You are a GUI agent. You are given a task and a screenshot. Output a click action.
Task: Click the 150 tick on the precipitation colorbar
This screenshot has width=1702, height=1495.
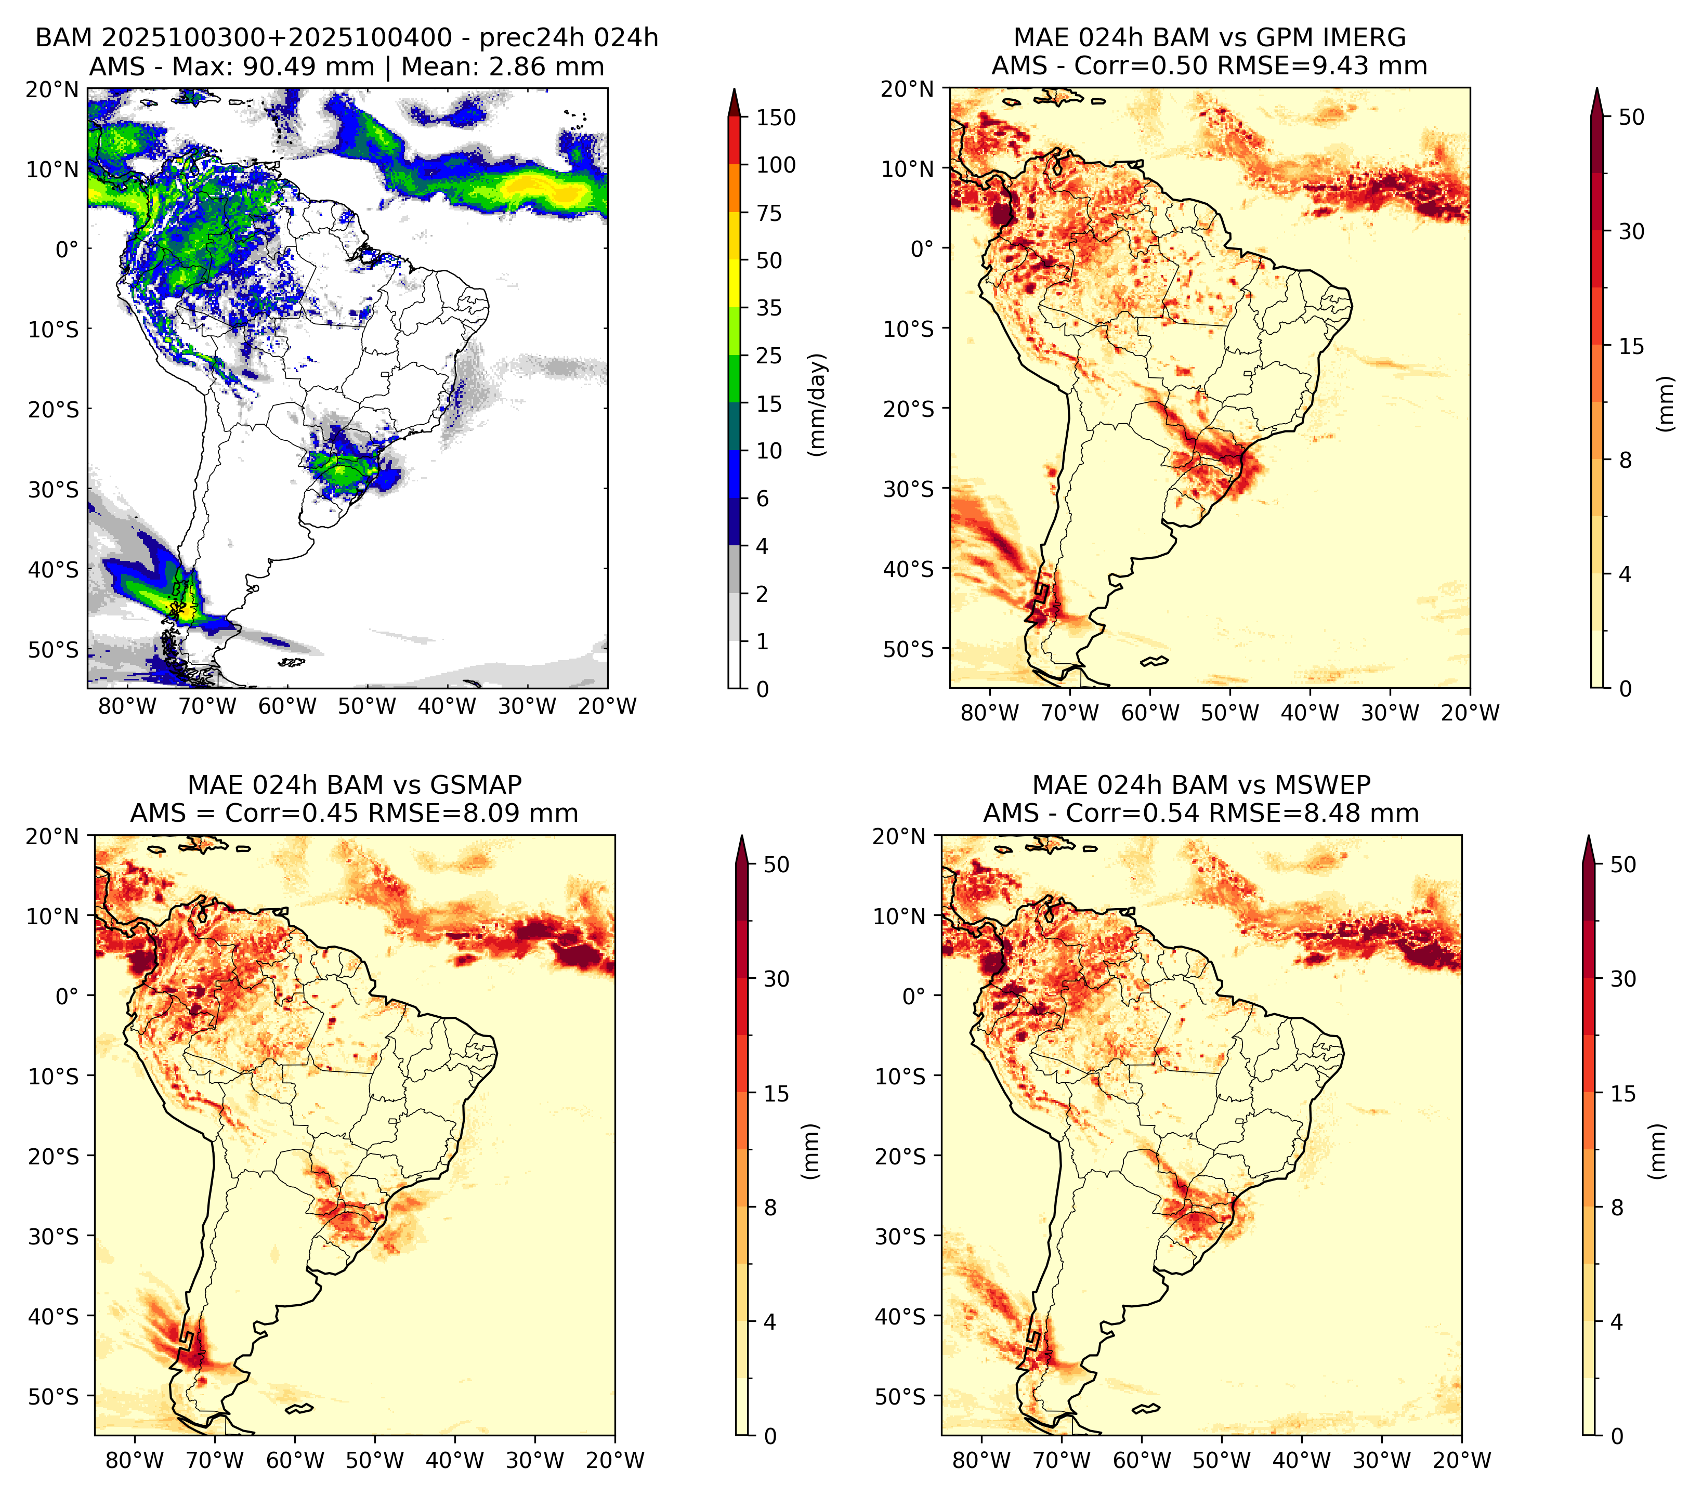pos(775,117)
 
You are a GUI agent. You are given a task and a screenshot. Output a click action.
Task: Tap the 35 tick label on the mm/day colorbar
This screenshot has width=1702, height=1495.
pos(768,308)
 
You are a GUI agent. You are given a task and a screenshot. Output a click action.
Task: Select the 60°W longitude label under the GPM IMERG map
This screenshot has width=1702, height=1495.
pos(1151,713)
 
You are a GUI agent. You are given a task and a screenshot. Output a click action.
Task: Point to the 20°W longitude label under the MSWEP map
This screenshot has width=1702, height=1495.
pos(1462,1460)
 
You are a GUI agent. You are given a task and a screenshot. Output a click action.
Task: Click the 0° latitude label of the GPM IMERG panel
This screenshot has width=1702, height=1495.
pos(923,248)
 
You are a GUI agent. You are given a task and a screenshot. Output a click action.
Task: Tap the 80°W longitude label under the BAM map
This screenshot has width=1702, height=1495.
pos(127,706)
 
